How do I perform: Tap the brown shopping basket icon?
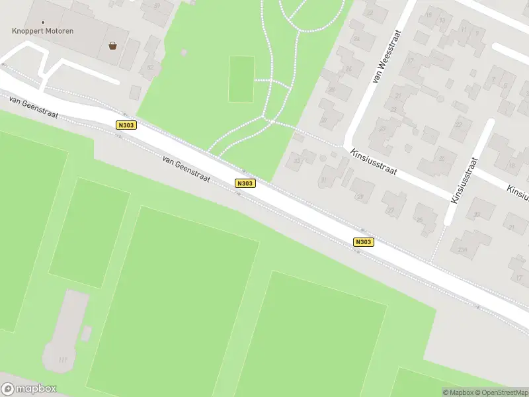point(113,46)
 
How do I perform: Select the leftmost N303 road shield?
point(126,125)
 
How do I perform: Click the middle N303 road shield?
point(245,183)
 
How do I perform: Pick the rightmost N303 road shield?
point(364,242)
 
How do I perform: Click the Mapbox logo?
point(30,388)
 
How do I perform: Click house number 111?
point(63,359)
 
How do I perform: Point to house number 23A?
point(462,249)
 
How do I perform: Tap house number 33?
point(296,159)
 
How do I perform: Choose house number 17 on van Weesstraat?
point(410,61)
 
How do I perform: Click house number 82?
point(150,67)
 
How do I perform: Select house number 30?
point(324,120)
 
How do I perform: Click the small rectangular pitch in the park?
point(241,79)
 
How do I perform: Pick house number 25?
point(419,220)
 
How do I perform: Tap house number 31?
point(323,180)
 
